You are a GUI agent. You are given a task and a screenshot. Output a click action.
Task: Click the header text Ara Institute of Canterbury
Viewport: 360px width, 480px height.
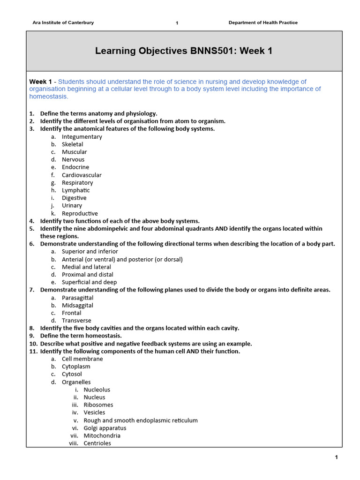point(63,22)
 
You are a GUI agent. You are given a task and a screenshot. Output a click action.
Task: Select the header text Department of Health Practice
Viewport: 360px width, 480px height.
point(263,22)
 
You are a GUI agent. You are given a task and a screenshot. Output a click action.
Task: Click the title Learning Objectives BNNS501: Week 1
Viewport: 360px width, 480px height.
point(184,51)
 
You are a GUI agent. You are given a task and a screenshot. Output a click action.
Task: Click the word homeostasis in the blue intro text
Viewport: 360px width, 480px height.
point(49,97)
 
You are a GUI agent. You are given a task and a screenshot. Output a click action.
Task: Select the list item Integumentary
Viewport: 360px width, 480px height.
point(82,137)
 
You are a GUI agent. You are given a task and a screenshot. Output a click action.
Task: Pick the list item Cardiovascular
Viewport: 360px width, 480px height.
point(82,175)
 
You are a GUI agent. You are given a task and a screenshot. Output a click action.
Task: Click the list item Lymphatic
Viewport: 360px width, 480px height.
point(76,190)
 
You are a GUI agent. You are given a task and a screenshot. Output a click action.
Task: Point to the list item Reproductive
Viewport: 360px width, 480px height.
point(80,213)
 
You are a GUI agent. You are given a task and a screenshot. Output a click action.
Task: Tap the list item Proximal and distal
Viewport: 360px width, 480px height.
point(88,275)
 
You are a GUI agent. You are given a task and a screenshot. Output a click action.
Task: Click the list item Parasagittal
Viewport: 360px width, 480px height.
point(78,298)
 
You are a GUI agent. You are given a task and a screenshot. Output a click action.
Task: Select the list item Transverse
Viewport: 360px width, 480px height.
point(76,321)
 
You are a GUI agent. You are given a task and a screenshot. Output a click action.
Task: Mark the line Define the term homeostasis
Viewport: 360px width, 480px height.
point(81,336)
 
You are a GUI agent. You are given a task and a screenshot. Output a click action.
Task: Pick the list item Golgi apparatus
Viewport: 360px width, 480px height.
point(105,428)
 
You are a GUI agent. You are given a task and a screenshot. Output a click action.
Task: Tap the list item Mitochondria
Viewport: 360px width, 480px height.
point(102,435)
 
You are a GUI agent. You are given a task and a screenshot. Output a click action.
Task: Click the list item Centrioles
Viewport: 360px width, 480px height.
point(97,443)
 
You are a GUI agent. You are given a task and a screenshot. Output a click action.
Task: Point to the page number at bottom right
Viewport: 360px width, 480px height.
point(336,457)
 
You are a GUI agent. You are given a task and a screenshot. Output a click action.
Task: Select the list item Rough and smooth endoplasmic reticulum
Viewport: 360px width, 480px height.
point(141,420)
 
